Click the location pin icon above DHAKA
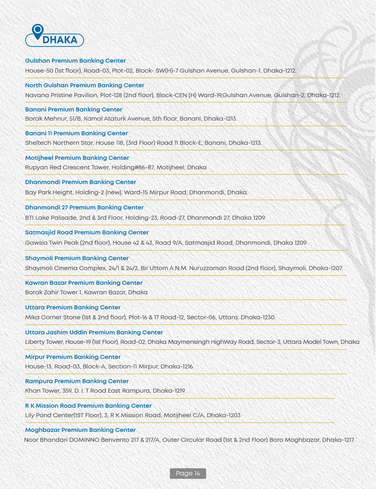point(38,30)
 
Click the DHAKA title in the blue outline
point(59,40)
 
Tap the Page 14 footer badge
point(188,473)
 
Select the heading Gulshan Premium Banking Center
point(75,61)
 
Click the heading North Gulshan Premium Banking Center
point(84,85)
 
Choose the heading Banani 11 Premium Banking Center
point(76,133)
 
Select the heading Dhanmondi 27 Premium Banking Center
point(84,208)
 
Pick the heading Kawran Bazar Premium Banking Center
point(84,283)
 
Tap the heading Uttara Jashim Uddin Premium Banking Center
point(94,332)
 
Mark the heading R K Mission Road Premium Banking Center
point(88,406)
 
